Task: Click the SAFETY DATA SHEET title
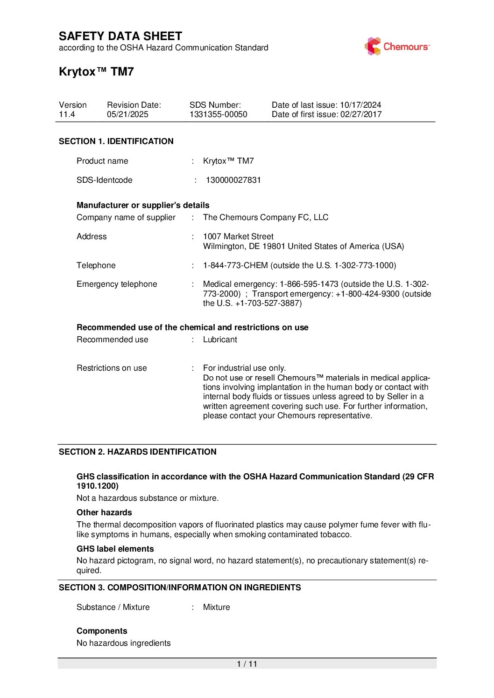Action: click(x=120, y=36)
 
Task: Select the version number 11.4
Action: click(x=67, y=115)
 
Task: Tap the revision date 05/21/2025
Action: click(x=127, y=115)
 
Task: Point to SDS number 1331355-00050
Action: click(x=218, y=115)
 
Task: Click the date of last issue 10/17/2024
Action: click(x=360, y=105)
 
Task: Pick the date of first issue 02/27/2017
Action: click(x=360, y=115)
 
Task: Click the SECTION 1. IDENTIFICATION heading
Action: click(x=116, y=141)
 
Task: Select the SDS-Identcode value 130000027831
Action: click(x=233, y=180)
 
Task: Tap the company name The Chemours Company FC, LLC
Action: click(x=265, y=217)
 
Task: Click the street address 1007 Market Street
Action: click(x=238, y=236)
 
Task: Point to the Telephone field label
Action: click(x=96, y=265)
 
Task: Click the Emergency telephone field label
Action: click(x=117, y=284)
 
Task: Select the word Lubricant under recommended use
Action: click(x=220, y=339)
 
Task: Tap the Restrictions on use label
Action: click(x=112, y=368)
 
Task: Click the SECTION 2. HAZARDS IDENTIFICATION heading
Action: click(x=137, y=452)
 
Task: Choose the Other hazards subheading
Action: click(x=104, y=512)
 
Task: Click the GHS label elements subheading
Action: click(x=115, y=549)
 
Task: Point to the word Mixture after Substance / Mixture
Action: click(x=216, y=607)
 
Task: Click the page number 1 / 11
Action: click(x=247, y=664)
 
